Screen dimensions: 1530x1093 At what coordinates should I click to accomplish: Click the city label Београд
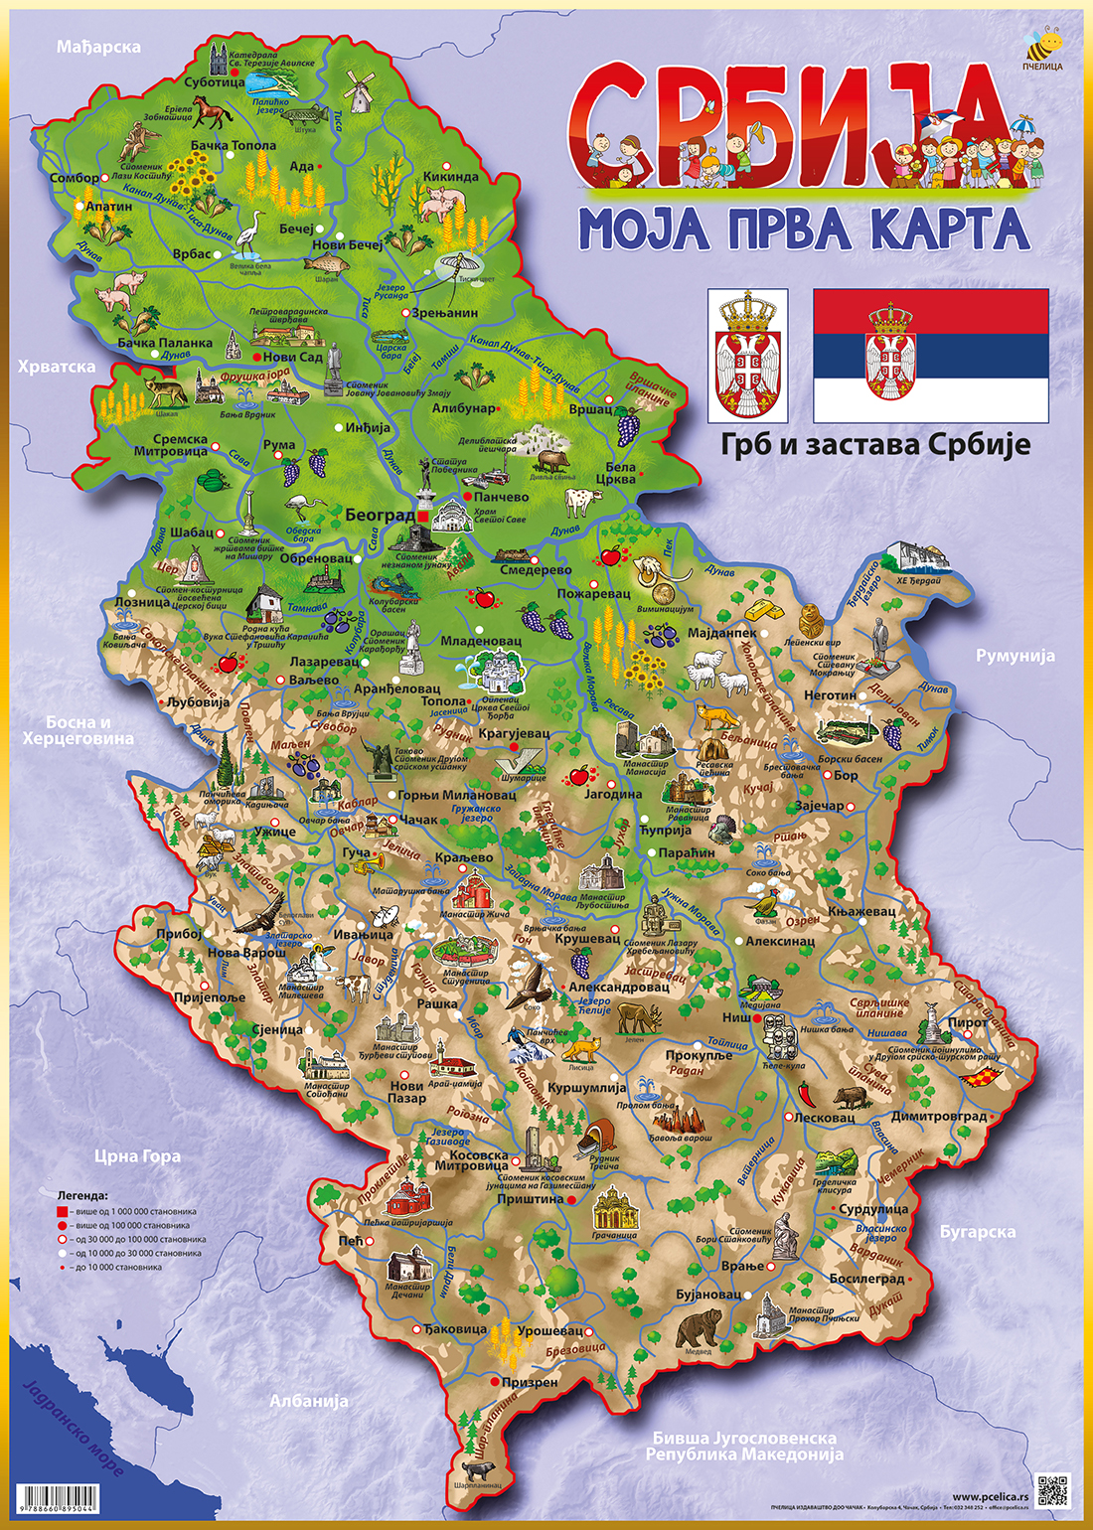380,516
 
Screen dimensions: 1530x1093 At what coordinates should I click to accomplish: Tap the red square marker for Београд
422,517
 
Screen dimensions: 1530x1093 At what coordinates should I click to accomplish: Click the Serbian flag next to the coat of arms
931,356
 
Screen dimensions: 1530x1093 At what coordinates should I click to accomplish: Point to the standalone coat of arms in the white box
747,356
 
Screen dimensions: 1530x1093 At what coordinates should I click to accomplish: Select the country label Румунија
1015,656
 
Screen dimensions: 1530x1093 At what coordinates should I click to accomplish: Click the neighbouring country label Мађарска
98,47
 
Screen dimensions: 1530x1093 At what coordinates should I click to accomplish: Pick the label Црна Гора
137,1155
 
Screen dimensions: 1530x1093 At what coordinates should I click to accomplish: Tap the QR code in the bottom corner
1051,1488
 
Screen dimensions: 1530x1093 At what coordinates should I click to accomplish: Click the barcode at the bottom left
59,1497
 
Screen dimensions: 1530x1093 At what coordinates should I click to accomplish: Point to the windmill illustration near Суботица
358,91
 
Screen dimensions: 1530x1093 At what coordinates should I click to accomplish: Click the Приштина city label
530,1199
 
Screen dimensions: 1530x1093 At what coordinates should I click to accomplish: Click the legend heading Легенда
82,1196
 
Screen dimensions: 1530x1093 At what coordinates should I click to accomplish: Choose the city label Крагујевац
514,732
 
